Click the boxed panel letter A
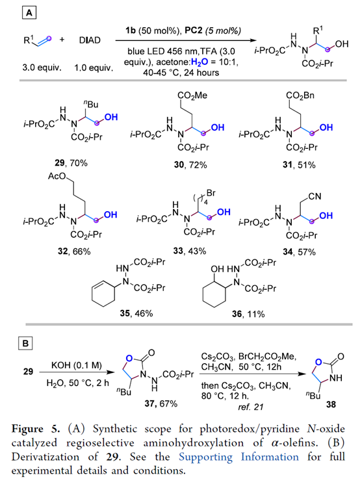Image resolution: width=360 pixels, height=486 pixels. click(29, 13)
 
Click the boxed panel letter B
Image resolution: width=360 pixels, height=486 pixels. click(25, 344)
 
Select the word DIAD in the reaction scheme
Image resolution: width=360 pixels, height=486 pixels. click(90, 40)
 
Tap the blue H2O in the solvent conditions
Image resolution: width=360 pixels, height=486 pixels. click(199, 62)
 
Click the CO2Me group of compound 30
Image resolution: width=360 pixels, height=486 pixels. click(192, 96)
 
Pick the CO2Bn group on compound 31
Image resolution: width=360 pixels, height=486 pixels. click(300, 96)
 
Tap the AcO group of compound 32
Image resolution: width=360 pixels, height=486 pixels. click(57, 176)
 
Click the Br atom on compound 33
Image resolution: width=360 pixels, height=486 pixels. click(211, 194)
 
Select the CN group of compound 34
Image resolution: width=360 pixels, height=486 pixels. click(315, 196)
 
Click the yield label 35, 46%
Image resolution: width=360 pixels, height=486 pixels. click(136, 313)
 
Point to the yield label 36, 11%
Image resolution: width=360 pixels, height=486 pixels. click(248, 314)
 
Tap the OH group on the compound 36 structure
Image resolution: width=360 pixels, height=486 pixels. click(217, 269)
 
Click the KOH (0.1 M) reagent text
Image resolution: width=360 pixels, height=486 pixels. click(76, 365)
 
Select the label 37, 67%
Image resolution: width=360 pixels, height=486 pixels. click(161, 403)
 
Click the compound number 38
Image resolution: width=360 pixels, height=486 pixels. click(331, 404)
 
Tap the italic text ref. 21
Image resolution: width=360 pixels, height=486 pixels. click(251, 407)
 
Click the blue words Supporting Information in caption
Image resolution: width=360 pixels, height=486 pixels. click(238, 457)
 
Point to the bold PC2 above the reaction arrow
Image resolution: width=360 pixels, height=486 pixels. click(194, 31)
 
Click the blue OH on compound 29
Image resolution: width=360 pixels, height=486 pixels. click(111, 117)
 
